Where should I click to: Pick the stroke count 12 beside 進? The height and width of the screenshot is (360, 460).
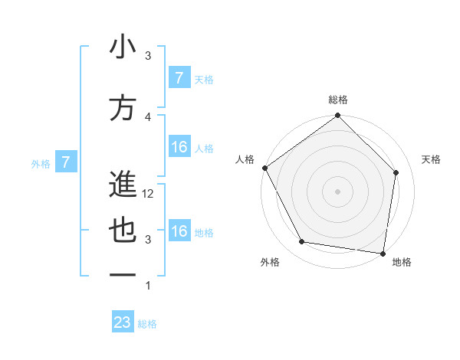(149, 194)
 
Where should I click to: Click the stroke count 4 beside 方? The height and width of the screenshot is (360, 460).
(148, 116)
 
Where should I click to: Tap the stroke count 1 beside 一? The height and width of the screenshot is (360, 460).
(148, 286)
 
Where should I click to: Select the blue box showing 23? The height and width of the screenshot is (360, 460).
(123, 322)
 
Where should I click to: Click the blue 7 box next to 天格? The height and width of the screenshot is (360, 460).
(179, 78)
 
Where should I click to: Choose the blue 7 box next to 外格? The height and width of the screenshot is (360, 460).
(66, 162)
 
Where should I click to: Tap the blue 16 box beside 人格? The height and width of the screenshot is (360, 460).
(179, 147)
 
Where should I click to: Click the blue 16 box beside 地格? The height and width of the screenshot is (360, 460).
(179, 231)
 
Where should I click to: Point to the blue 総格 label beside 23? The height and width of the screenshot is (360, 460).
(147, 324)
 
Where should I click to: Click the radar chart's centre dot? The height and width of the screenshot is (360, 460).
(337, 191)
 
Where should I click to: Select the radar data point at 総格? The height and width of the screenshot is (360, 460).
(337, 116)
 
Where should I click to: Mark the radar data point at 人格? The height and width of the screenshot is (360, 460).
(264, 168)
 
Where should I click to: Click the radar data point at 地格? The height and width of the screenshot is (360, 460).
(383, 253)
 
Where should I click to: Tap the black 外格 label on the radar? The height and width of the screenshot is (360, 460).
(270, 262)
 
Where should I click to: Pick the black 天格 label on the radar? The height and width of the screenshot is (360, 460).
(431, 159)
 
